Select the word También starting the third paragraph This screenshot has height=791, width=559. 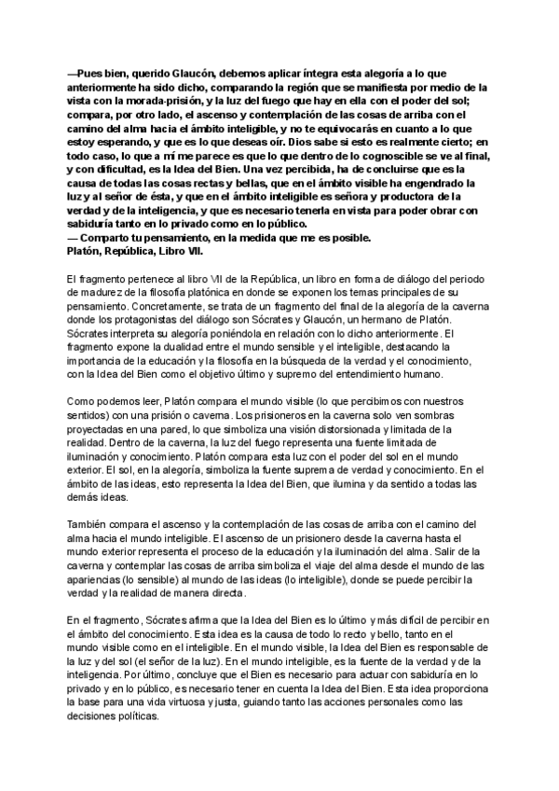pos(90,523)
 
